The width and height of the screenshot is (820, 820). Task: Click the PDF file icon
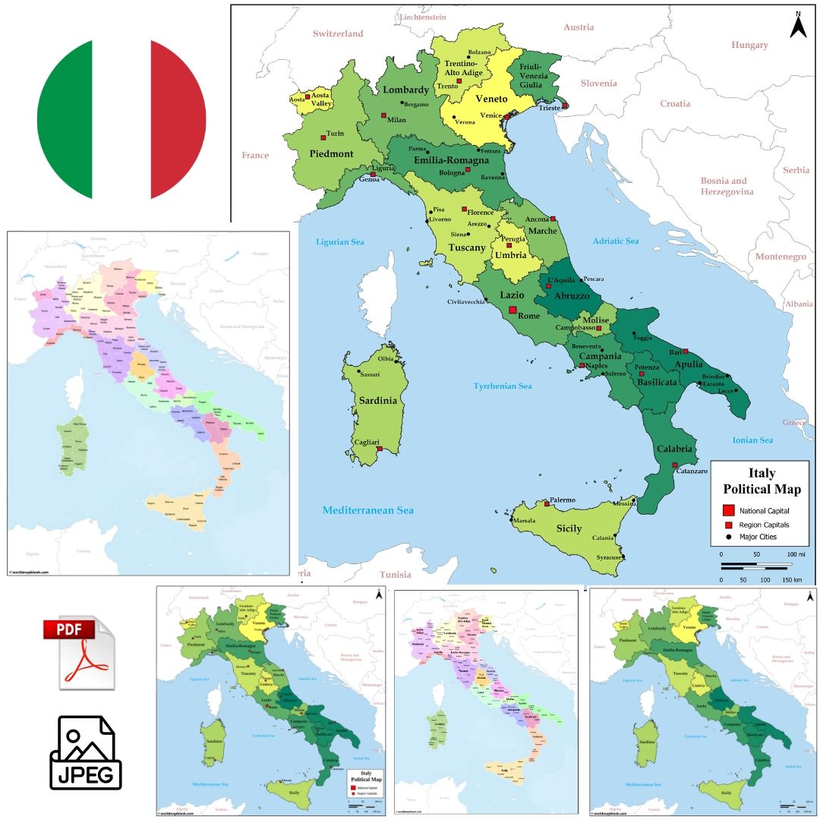[79, 653]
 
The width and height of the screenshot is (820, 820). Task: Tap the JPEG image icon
[85, 753]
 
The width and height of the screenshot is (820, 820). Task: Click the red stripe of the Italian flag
[178, 119]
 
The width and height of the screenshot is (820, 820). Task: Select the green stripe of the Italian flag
[65, 119]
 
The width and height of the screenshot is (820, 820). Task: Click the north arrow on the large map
[798, 25]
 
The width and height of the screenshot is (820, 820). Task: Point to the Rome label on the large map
[528, 316]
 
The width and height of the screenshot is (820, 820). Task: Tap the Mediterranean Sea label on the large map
[368, 510]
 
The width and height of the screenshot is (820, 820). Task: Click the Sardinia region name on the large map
[379, 401]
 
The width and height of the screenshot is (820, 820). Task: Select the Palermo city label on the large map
[563, 500]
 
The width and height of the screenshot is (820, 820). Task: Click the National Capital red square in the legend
[727, 510]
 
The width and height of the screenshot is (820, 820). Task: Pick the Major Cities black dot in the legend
[727, 537]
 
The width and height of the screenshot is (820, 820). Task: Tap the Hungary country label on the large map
[749, 45]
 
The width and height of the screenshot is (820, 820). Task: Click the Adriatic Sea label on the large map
[616, 241]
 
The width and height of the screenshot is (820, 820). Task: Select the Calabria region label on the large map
[674, 449]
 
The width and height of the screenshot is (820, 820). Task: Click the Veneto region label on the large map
[491, 99]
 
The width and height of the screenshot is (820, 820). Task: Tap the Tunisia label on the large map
[395, 575]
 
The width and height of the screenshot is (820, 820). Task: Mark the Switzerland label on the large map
[338, 33]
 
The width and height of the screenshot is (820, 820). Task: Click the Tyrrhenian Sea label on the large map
[503, 386]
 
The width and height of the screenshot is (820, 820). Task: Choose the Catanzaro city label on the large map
[692, 471]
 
